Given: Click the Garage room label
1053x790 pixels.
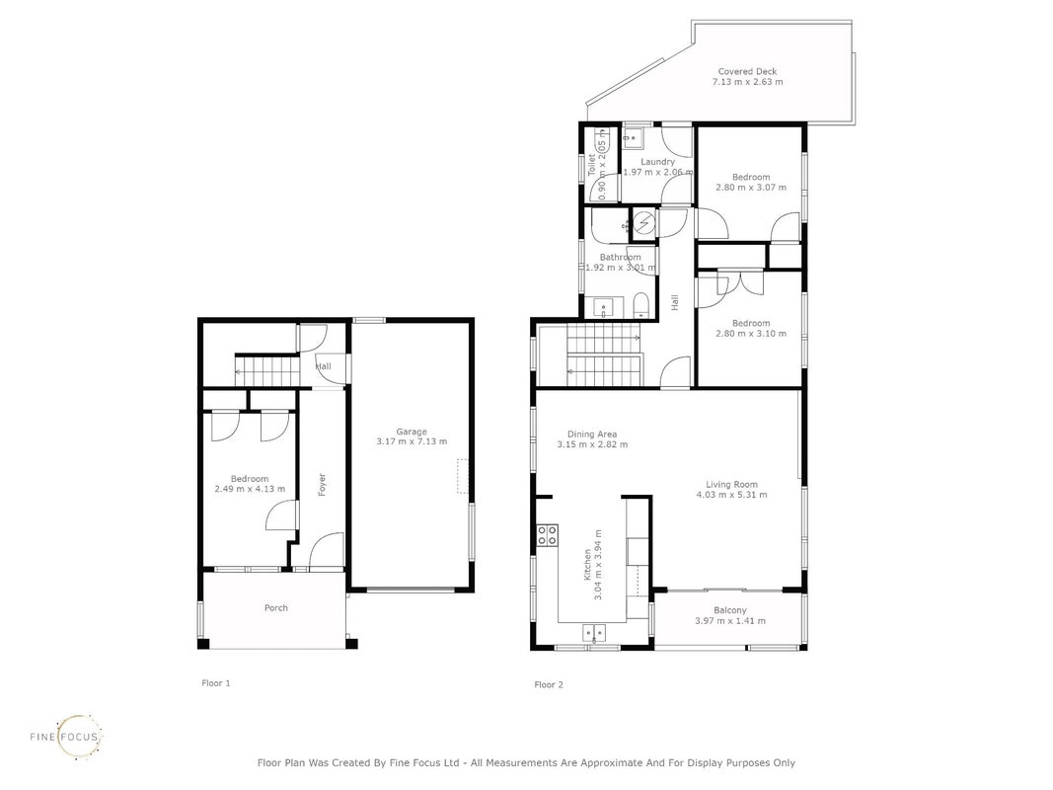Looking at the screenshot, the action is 411,432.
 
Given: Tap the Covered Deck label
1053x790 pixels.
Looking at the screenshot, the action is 747,71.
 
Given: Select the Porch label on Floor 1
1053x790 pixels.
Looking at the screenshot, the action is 276,608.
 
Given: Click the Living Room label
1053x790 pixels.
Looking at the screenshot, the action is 731,484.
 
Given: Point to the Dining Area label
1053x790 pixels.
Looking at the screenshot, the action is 592,434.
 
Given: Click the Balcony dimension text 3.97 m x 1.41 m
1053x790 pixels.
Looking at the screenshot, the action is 730,621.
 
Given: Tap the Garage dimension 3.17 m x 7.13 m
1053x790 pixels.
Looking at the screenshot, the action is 412,441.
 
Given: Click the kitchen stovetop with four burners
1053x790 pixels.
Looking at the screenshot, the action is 547,535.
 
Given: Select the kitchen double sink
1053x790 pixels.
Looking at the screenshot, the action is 594,633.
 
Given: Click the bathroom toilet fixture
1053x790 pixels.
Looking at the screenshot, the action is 640,306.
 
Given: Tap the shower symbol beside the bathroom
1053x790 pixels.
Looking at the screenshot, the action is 644,221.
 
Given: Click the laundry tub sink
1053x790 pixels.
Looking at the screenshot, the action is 632,137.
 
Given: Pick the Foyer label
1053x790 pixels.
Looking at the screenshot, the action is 323,484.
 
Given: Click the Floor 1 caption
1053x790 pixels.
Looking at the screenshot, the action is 216,683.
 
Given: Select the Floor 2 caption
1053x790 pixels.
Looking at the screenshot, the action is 549,684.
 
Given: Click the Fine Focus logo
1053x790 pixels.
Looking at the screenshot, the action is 67,737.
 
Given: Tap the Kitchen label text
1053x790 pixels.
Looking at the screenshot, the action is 587,564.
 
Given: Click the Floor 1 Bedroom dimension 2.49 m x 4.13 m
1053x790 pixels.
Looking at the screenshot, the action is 250,489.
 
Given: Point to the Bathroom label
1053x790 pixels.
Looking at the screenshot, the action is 621,258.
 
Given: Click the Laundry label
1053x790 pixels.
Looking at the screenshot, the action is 657,162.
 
